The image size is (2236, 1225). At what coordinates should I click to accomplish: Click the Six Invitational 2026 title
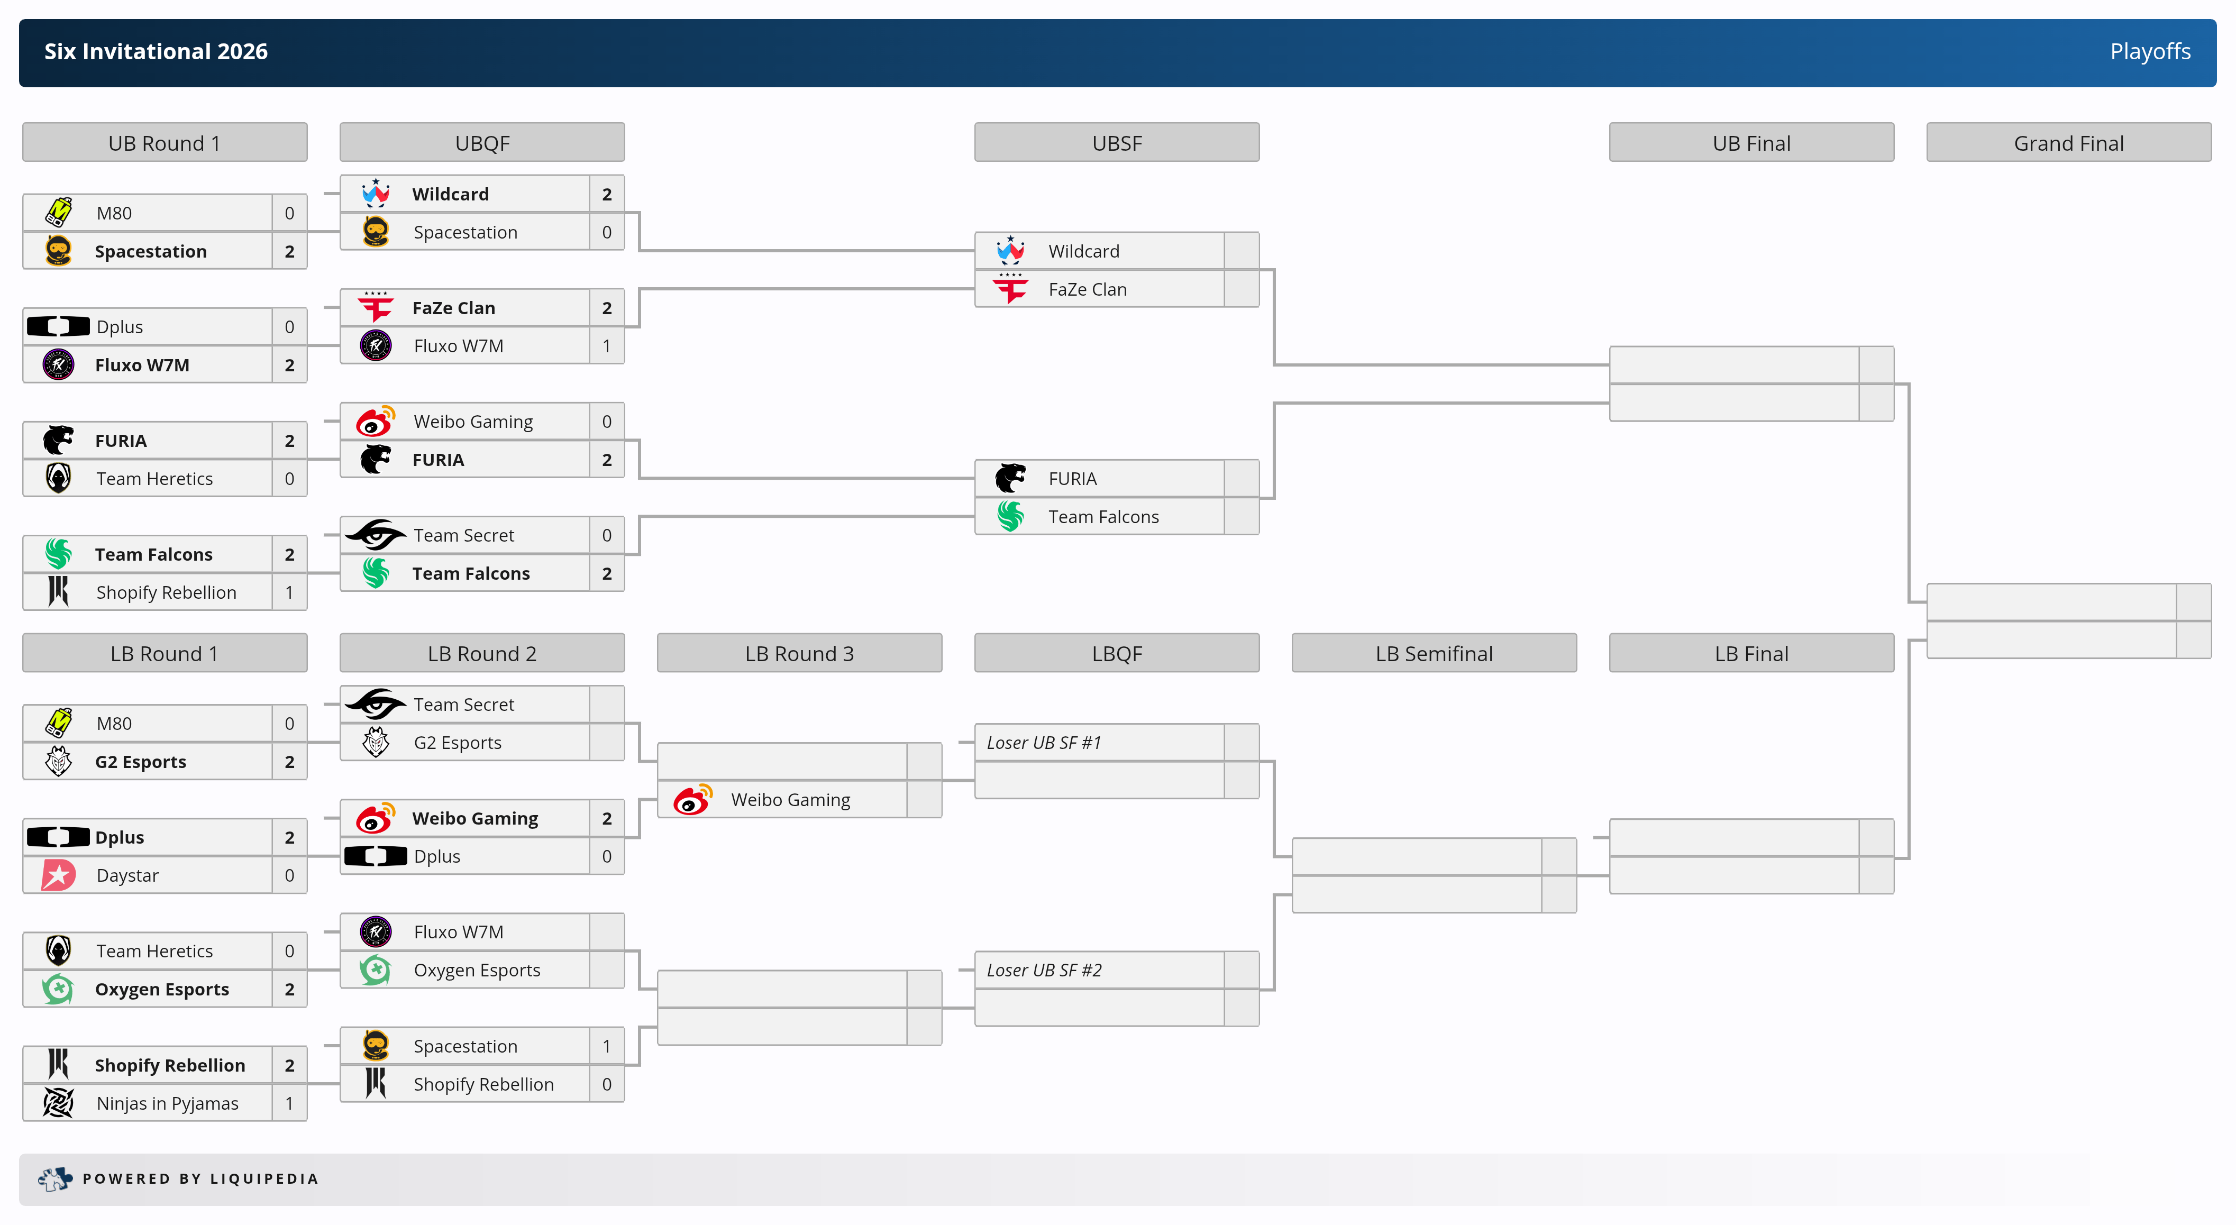(156, 52)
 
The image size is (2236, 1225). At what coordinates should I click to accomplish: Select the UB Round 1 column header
(164, 143)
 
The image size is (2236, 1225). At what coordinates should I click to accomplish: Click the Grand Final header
(2068, 143)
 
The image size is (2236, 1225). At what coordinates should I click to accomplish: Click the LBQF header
(1116, 654)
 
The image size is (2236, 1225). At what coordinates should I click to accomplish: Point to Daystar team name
(127, 875)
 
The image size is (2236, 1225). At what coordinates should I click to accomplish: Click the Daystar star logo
(58, 875)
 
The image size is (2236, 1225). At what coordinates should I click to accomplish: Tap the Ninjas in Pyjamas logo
(58, 1103)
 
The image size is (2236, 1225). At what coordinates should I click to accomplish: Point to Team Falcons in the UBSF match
(1102, 517)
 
